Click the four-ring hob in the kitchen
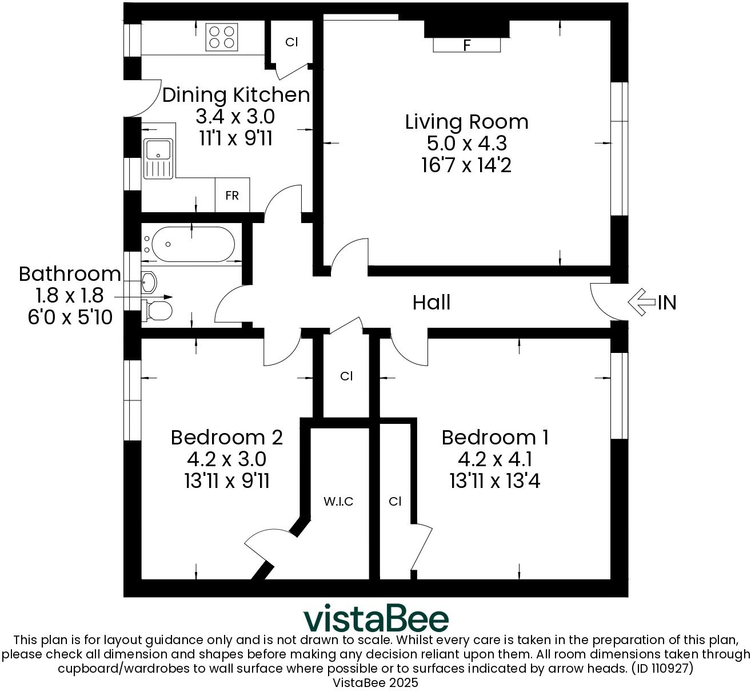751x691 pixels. [x=222, y=36]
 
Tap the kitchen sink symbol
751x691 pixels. [x=158, y=158]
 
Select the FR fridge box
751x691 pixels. [x=232, y=196]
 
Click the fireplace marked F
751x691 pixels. [x=467, y=45]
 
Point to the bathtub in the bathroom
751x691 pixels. [x=189, y=244]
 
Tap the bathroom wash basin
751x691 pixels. [x=149, y=282]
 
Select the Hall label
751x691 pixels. [x=432, y=302]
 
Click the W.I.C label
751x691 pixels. [x=338, y=502]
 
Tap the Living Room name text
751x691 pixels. [x=466, y=122]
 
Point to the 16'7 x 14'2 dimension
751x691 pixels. [x=466, y=165]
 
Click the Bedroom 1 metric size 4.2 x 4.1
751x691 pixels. [x=495, y=459]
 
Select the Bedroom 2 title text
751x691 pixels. [x=227, y=438]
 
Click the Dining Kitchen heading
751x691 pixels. [x=236, y=95]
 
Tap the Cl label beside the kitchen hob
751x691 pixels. [x=291, y=42]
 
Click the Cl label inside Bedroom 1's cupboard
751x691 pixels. [x=395, y=502]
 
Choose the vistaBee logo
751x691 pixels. [x=376, y=618]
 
